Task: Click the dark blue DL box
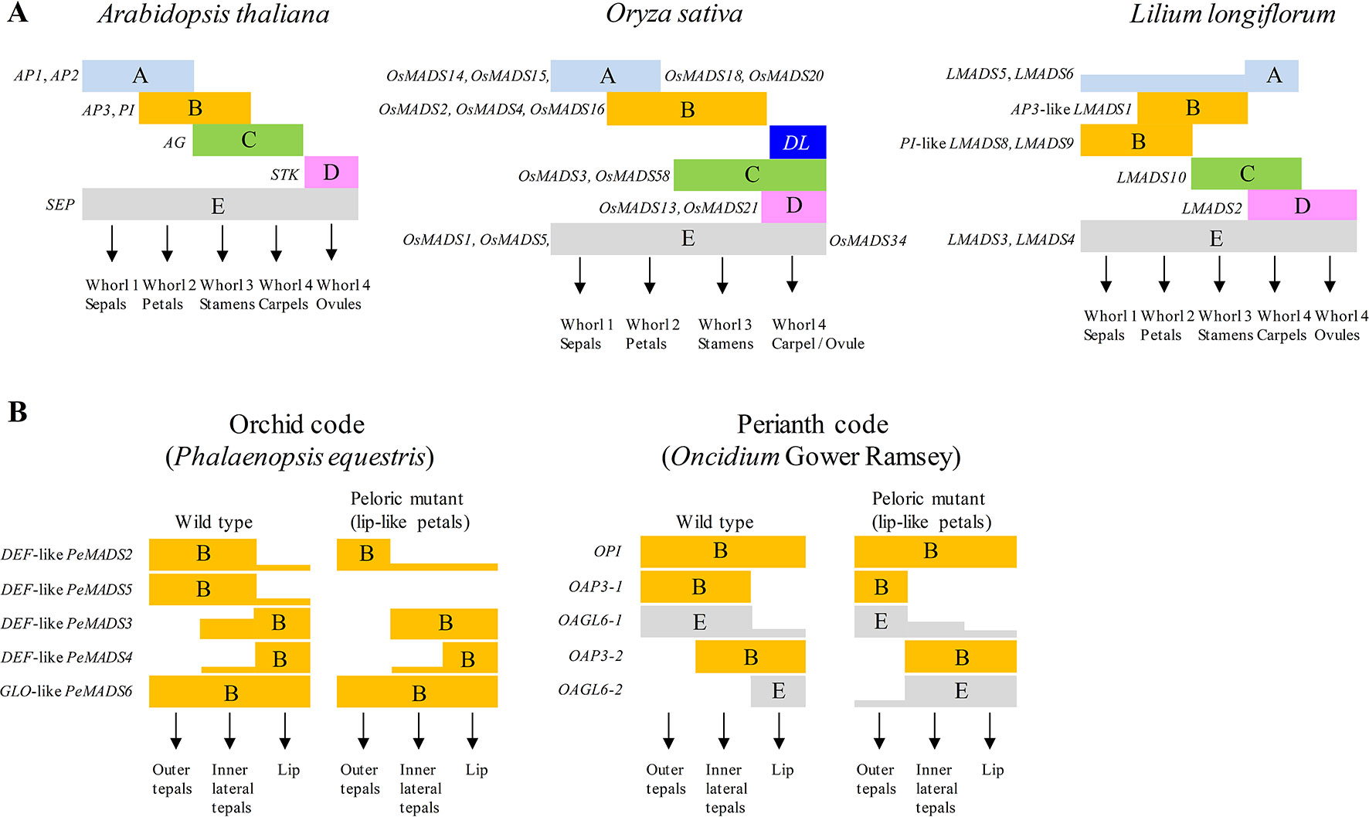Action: [x=797, y=142]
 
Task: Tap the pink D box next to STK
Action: [x=331, y=172]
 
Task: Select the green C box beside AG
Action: [x=248, y=140]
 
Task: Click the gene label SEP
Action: [x=60, y=205]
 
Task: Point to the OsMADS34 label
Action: [x=868, y=240]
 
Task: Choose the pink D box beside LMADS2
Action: [x=1302, y=206]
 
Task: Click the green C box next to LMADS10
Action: [x=1246, y=174]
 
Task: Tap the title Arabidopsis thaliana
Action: [x=213, y=15]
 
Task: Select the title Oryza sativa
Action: [x=674, y=14]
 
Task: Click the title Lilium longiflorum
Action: [x=1232, y=15]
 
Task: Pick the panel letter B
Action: [x=18, y=412]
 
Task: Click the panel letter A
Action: [x=17, y=13]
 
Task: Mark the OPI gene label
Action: [x=607, y=551]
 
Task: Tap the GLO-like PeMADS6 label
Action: [x=66, y=691]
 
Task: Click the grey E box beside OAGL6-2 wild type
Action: [x=778, y=691]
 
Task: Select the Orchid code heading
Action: [x=297, y=424]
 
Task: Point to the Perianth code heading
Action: [x=812, y=424]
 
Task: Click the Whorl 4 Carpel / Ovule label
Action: [x=817, y=334]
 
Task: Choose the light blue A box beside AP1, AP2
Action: [x=138, y=76]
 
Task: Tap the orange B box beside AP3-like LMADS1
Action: [x=1192, y=108]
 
